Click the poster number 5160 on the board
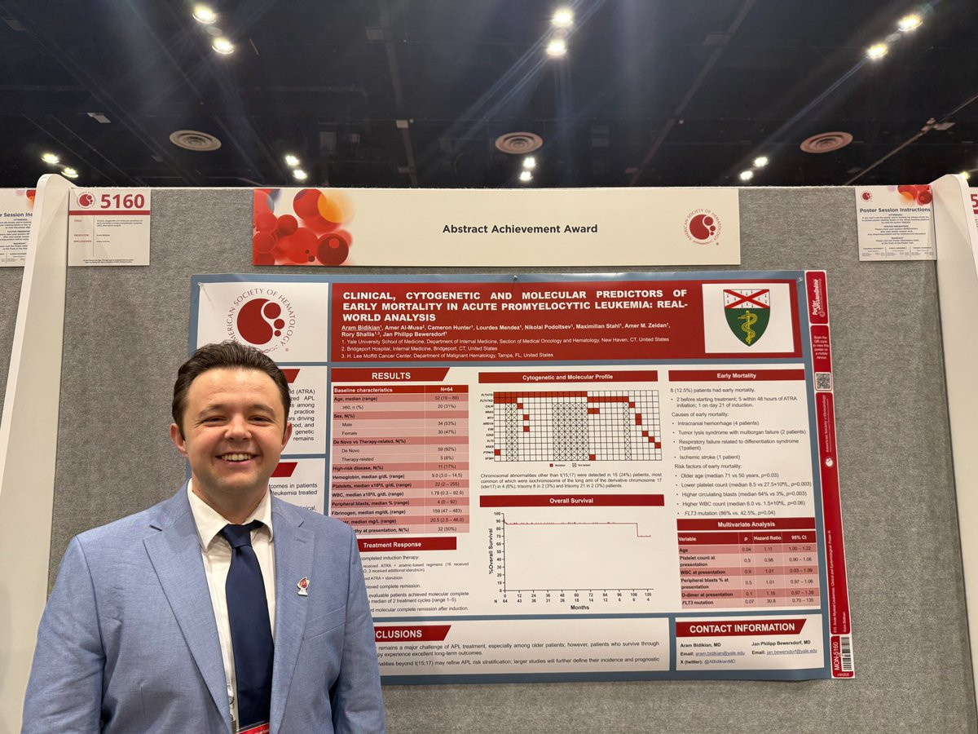(123, 200)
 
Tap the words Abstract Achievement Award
(520, 228)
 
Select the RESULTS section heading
(390, 375)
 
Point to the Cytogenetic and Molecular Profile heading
(568, 377)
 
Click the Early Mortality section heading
(736, 376)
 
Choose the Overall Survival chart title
(570, 500)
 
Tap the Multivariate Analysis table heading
(734, 524)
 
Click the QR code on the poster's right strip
(822, 381)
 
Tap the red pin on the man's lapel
(303, 585)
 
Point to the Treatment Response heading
(403, 544)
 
